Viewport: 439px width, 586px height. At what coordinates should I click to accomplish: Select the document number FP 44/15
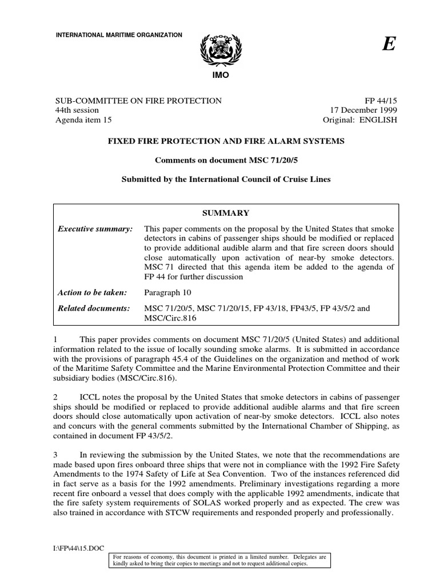click(380, 101)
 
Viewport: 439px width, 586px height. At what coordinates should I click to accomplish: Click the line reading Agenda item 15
click(83, 120)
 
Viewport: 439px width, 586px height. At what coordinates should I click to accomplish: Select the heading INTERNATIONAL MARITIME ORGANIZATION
click(118, 35)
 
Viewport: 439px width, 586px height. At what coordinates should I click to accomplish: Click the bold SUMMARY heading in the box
click(229, 213)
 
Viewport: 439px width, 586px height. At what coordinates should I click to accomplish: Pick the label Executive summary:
click(95, 229)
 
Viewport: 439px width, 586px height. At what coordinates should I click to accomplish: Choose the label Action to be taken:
click(92, 292)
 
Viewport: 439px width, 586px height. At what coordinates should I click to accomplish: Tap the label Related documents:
click(94, 308)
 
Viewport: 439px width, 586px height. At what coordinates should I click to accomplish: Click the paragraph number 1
click(56, 340)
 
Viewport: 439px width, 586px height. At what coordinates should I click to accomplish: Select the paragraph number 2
click(56, 397)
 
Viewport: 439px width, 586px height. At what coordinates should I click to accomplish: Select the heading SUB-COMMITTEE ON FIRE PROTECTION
click(138, 101)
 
